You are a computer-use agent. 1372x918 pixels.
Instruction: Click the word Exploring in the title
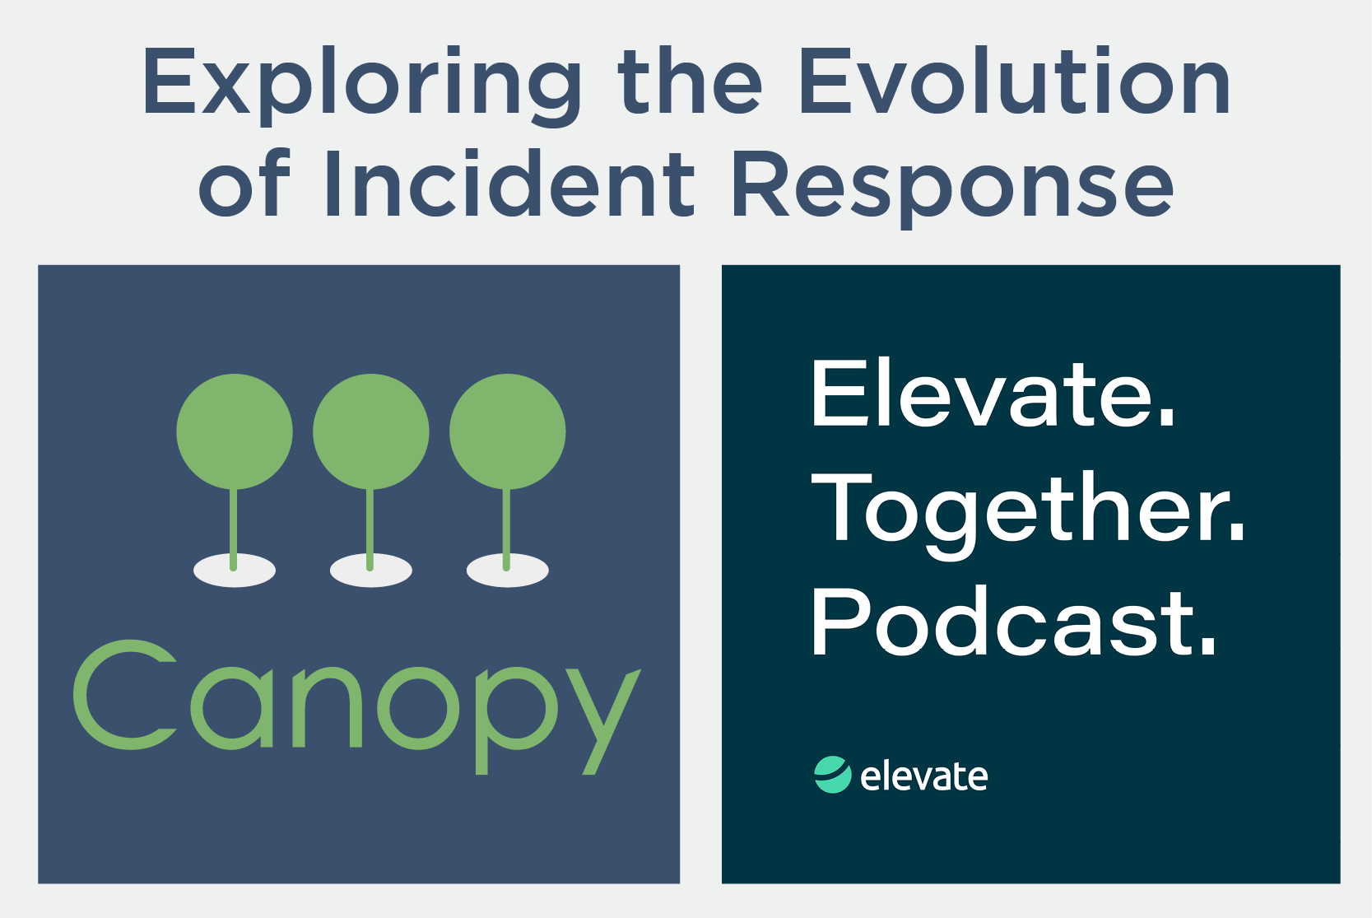point(362,85)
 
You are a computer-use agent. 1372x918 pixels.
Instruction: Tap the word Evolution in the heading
point(1014,80)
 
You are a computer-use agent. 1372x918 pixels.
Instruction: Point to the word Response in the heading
point(951,187)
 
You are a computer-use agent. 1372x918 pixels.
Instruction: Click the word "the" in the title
point(690,80)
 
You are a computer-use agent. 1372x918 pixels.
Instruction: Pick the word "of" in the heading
point(244,184)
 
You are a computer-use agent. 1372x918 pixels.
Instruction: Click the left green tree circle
point(235,431)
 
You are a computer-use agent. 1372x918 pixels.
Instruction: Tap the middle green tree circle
point(371,431)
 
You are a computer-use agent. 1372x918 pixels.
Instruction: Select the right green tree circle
point(508,431)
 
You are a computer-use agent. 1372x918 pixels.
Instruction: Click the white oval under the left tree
point(235,571)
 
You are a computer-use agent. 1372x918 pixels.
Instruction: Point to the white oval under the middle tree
point(371,571)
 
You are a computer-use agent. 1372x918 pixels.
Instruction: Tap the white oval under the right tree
point(508,571)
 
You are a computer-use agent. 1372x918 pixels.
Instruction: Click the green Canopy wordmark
point(357,707)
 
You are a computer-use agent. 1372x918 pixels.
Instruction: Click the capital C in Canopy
point(124,694)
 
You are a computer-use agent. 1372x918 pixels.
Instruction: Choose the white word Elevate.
point(993,394)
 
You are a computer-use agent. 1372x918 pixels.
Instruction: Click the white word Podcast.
point(1014,622)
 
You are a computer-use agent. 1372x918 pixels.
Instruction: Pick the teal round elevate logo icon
point(832,775)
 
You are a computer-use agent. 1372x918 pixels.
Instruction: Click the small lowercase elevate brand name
point(924,776)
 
